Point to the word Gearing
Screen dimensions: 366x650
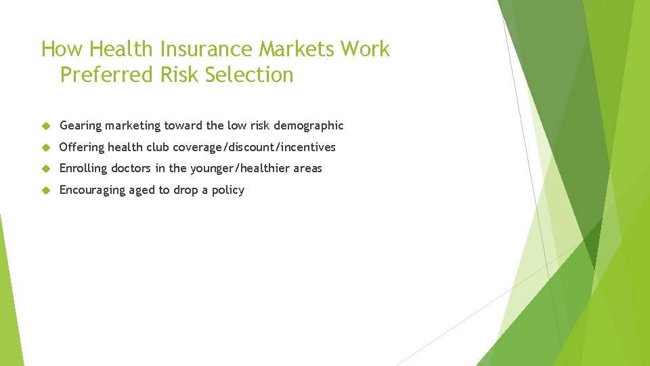[x=81, y=126]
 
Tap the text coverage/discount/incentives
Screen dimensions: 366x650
[x=254, y=148]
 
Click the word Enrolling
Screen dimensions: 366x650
[x=83, y=169]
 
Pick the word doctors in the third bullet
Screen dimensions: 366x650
[x=131, y=169]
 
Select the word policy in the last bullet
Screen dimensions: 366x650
[x=227, y=190]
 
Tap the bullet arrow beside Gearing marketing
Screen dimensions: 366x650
[x=46, y=126]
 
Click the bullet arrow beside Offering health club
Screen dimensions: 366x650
[x=46, y=148]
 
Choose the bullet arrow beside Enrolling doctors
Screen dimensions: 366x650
[x=46, y=169]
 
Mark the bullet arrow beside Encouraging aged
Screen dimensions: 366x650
[x=46, y=190]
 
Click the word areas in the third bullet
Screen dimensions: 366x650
[x=307, y=169]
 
